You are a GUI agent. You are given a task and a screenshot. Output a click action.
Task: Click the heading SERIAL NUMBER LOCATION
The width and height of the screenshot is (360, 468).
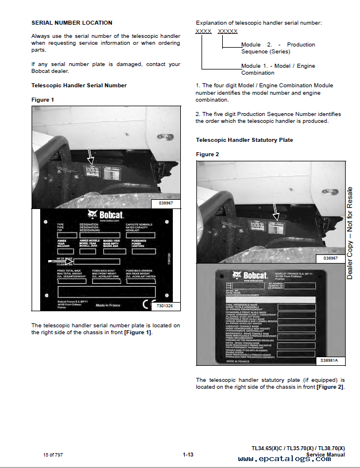72,23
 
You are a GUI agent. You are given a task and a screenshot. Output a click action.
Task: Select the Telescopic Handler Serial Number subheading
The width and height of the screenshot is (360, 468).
79,86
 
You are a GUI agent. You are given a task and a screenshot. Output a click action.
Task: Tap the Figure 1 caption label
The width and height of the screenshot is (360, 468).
42,100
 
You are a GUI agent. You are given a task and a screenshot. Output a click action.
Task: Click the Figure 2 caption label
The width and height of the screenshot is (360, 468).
207,154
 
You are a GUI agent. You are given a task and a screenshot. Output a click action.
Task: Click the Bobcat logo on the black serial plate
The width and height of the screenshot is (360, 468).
106,216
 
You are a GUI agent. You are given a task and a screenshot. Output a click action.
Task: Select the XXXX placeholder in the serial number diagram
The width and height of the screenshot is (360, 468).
203,31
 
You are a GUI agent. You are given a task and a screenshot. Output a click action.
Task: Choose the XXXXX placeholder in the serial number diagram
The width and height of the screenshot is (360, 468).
228,31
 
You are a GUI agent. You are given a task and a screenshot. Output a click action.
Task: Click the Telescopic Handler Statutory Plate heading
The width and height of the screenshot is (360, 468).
244,140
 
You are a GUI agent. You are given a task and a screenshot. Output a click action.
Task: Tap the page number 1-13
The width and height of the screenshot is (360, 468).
188,455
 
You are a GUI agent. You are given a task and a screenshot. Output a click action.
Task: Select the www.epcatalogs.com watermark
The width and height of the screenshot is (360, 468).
284,459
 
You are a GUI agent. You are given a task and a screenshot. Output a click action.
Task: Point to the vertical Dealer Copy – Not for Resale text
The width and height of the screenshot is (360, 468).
350,233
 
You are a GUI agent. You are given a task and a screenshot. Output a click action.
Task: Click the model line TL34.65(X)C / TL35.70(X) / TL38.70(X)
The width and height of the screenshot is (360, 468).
298,448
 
